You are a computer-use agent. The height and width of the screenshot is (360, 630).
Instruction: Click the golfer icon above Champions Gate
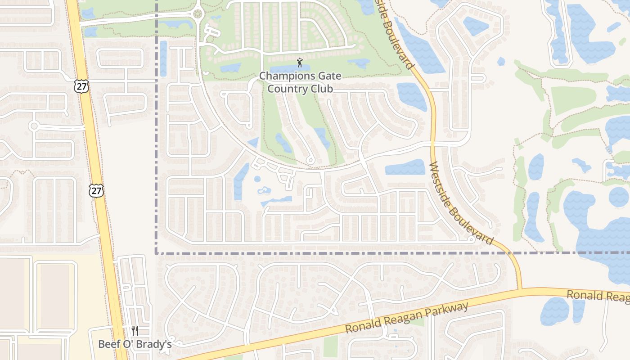[x=300, y=63]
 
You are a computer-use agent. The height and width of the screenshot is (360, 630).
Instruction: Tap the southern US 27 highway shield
[x=96, y=190]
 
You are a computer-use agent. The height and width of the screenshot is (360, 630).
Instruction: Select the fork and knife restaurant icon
[x=135, y=331]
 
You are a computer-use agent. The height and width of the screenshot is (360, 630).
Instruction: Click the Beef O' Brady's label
[x=135, y=344]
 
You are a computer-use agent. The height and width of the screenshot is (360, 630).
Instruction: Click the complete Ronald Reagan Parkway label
[x=406, y=319]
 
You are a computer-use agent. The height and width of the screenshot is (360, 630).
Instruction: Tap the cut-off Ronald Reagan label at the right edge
[x=598, y=296]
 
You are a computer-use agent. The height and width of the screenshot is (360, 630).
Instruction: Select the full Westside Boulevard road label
[x=461, y=203]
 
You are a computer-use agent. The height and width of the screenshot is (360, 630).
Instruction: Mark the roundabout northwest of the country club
[x=198, y=14]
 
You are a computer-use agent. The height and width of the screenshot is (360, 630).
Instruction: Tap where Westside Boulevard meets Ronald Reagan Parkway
[x=520, y=289]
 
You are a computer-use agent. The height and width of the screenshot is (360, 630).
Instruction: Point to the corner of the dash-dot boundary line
[x=157, y=253]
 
